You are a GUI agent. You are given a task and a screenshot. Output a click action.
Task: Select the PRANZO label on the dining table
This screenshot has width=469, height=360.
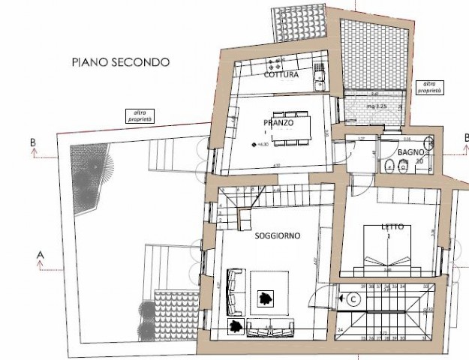[278, 122]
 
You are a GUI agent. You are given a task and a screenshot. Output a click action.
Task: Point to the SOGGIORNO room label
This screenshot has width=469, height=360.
[278, 235]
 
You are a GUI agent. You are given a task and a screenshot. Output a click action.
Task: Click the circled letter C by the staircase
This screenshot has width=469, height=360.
[353, 298]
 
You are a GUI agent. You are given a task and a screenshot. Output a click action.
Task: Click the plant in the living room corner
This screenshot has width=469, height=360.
[236, 326]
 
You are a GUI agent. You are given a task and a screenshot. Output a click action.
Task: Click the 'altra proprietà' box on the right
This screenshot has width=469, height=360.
[429, 87]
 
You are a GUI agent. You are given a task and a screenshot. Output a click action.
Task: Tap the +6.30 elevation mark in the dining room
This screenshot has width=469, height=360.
[257, 145]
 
